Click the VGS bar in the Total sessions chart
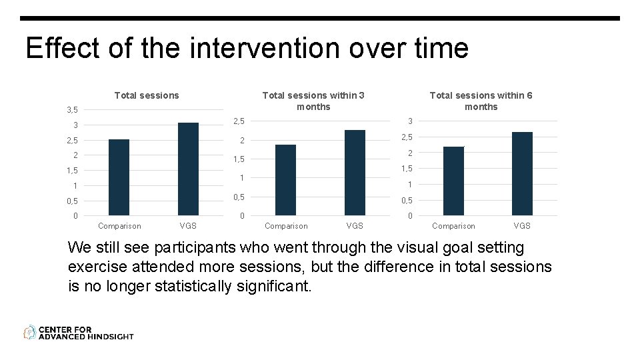[x=188, y=169]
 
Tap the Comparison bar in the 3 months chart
[x=285, y=180]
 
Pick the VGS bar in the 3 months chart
[x=355, y=173]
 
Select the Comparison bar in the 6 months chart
[x=453, y=181]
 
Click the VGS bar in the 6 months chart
[x=522, y=173]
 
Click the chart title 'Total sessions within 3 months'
[x=313, y=101]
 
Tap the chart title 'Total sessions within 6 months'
[x=481, y=101]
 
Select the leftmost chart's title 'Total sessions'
[x=147, y=95]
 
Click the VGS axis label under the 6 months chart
[x=522, y=226]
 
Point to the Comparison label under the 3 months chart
[x=286, y=226]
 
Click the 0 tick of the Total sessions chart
[x=75, y=215]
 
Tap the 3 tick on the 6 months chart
[x=410, y=121]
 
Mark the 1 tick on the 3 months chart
[x=243, y=178]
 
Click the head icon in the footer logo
[x=29, y=332]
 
